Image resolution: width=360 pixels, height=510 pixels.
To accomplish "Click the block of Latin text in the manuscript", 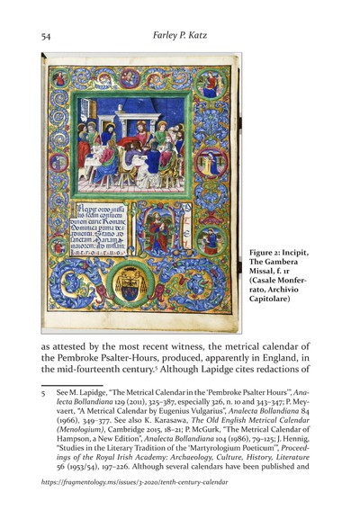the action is [95, 230].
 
